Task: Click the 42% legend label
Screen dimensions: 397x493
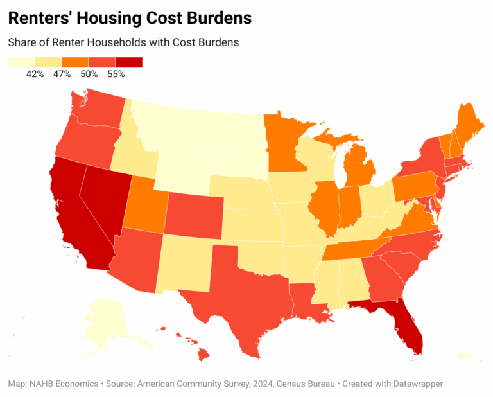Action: point(35,75)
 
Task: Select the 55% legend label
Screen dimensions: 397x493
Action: point(116,75)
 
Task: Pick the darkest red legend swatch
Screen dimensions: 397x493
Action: point(128,62)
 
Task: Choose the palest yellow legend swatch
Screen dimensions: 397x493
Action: point(21,62)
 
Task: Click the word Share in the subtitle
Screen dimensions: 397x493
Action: point(22,42)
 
